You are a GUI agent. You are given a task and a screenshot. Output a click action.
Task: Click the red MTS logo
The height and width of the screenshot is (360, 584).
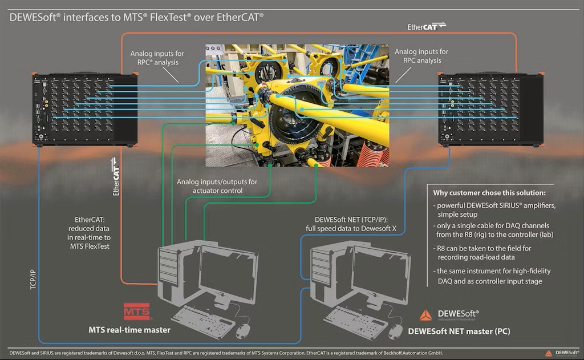(x=137, y=312)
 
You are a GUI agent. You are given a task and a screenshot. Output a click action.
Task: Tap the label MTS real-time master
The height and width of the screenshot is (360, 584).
(x=129, y=329)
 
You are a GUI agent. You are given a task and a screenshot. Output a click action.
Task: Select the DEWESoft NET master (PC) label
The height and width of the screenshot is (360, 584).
(x=459, y=331)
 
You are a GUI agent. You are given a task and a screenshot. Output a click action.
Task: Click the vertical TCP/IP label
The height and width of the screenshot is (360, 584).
(x=33, y=277)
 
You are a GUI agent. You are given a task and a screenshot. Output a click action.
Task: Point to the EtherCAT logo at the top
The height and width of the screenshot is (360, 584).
(x=427, y=26)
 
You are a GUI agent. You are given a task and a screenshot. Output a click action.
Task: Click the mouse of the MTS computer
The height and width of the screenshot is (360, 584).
(x=244, y=330)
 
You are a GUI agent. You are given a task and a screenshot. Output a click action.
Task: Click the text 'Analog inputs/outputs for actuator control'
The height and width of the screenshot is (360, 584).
(x=217, y=186)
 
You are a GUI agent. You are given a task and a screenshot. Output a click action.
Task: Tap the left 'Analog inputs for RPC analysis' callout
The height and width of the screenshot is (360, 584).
(x=157, y=57)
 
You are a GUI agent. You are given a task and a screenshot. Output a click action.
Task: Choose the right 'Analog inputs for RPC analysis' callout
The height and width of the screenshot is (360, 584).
(x=421, y=56)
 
